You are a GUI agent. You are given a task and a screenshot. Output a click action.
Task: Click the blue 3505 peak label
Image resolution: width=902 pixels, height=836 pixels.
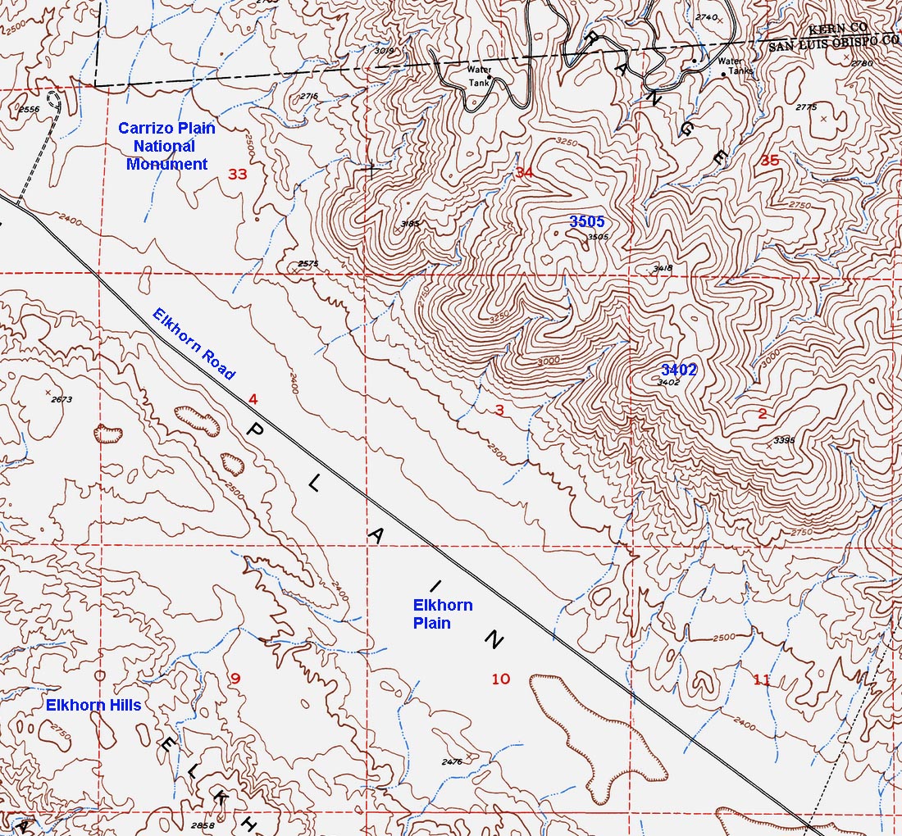(587, 222)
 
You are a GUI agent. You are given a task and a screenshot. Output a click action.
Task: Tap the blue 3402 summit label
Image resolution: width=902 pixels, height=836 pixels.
(679, 370)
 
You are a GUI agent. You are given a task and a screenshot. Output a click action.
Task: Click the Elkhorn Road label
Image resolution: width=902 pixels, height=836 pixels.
(194, 344)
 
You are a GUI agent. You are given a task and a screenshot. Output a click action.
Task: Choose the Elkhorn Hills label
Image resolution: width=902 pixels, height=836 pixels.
(93, 705)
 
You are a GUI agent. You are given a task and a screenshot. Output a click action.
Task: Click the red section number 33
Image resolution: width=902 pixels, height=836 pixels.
(237, 174)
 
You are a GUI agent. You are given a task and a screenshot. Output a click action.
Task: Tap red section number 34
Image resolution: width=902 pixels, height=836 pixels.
(524, 172)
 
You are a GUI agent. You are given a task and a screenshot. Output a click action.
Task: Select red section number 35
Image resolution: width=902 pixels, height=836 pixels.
(769, 161)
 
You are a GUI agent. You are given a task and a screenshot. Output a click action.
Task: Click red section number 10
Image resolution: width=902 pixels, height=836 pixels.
(500, 679)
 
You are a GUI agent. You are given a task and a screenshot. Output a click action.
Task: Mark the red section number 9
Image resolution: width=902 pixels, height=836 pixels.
(235, 678)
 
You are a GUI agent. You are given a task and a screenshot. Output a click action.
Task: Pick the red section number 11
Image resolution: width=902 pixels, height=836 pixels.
(762, 679)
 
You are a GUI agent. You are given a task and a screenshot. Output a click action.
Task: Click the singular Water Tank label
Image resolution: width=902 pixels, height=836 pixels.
(479, 75)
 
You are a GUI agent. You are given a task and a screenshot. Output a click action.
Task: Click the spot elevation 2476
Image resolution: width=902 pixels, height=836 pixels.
(452, 762)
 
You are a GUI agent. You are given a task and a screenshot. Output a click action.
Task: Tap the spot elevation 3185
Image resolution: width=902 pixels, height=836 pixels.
(411, 223)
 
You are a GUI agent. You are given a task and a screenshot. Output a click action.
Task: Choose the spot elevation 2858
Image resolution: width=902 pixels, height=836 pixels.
(201, 825)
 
